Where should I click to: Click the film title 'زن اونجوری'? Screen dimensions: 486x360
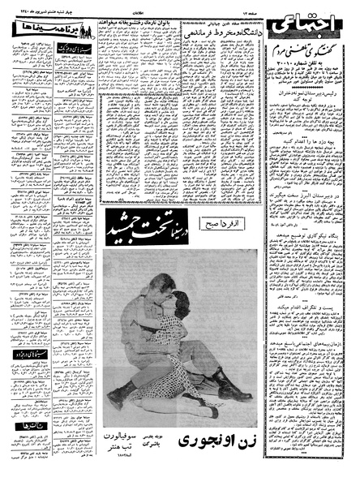click(216, 445)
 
